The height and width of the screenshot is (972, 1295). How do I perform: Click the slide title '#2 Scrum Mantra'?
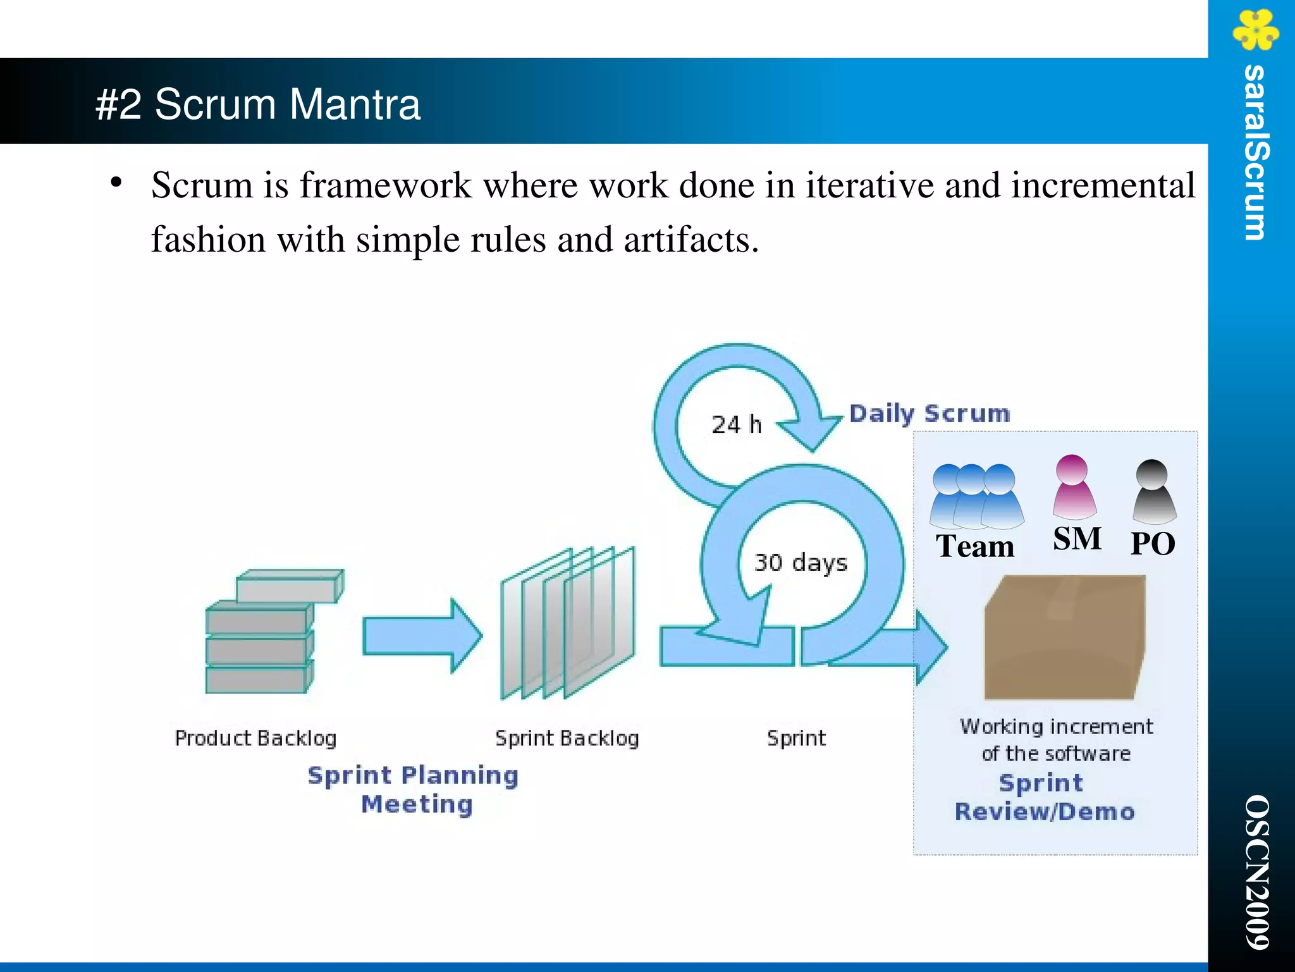pos(257,104)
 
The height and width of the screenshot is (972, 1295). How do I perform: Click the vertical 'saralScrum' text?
pos(1255,152)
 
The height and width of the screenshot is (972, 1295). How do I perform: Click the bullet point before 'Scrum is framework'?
pos(116,183)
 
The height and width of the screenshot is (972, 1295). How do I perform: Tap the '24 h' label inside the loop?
pos(736,425)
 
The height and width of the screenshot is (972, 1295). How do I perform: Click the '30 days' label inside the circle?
pos(800,562)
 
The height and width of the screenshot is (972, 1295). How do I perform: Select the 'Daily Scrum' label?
pos(929,414)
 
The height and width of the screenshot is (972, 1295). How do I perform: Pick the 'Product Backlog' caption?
pos(255,738)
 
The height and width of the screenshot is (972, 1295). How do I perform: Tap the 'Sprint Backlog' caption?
pos(567,738)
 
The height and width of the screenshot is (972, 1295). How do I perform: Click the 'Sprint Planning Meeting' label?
pos(414,789)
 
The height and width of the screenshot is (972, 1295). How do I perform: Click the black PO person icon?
pos(1153,492)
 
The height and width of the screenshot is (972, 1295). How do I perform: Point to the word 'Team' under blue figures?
pos(975,546)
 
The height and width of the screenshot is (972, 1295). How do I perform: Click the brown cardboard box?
pos(1064,639)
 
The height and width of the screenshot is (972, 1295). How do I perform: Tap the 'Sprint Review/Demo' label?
pos(1044,797)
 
